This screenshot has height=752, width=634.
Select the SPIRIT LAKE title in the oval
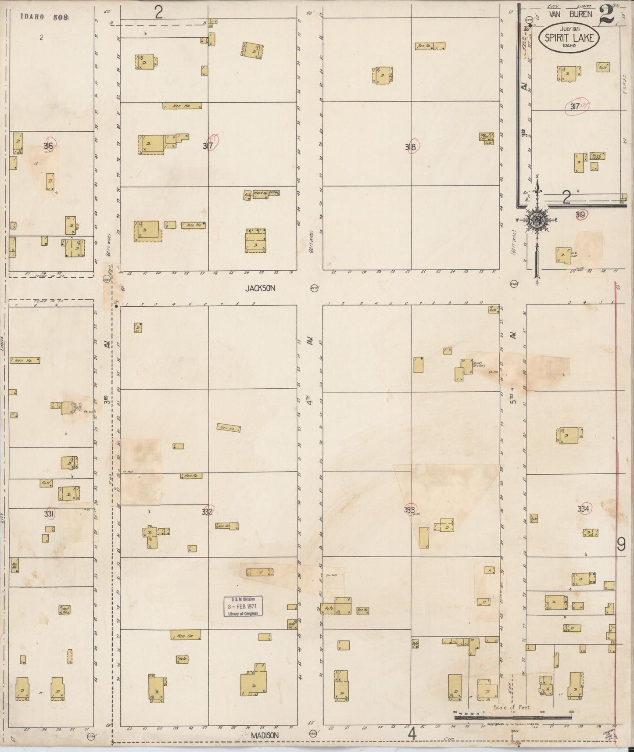point(569,38)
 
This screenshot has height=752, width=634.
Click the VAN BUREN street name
point(570,14)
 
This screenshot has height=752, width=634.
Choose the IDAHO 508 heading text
point(44,17)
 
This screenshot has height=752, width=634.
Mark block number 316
point(48,146)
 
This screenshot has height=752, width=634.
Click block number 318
point(411,147)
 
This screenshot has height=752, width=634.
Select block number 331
point(49,514)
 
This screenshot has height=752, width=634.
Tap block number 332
point(207,512)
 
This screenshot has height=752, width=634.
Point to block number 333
point(410,510)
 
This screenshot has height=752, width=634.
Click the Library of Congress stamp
point(243,606)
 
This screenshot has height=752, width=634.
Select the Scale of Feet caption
point(512,707)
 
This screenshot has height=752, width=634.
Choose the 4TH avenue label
point(309,399)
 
